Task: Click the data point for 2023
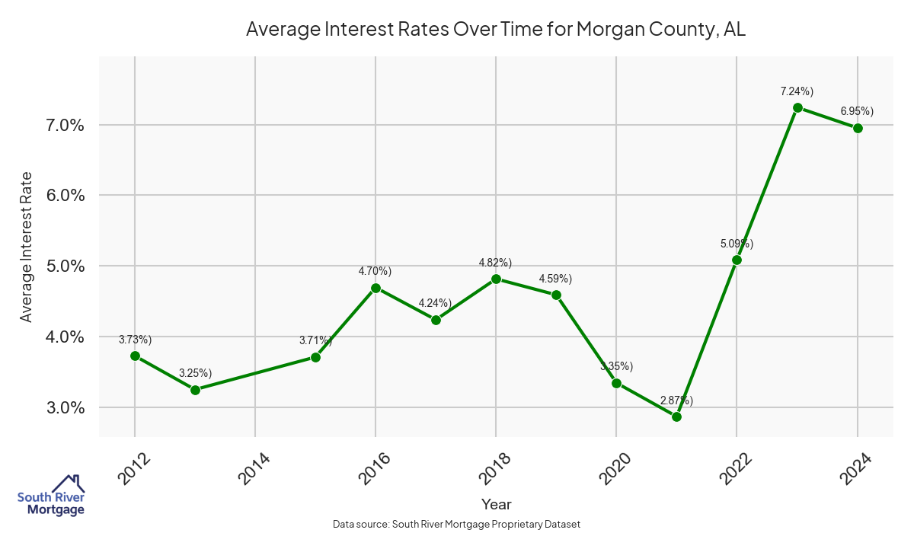pyautogui.click(x=797, y=107)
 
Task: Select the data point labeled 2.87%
pyautogui.click(x=676, y=417)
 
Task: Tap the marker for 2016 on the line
pyautogui.click(x=376, y=288)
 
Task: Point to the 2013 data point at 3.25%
pyautogui.click(x=195, y=390)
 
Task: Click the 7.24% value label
pyautogui.click(x=797, y=91)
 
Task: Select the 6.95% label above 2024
pyautogui.click(x=857, y=111)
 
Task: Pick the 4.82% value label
pyautogui.click(x=495, y=263)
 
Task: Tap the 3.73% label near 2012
pyautogui.click(x=135, y=340)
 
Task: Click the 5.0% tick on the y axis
pyautogui.click(x=62, y=266)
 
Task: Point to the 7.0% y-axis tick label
pyautogui.click(x=62, y=125)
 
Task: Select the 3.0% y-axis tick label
pyautogui.click(x=62, y=408)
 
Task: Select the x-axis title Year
pyautogui.click(x=496, y=504)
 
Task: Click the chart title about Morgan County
pyautogui.click(x=496, y=30)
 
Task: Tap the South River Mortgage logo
pyautogui.click(x=51, y=495)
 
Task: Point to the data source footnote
pyautogui.click(x=456, y=525)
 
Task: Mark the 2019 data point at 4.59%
pyautogui.click(x=556, y=295)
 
